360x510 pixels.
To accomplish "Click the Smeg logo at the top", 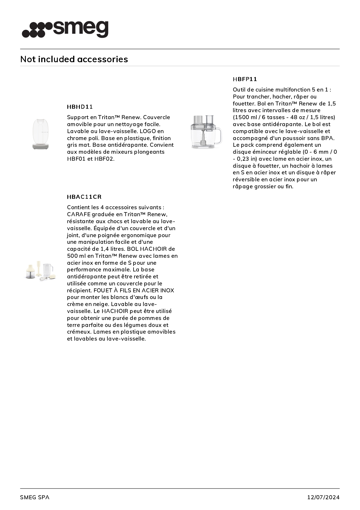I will coord(65,29).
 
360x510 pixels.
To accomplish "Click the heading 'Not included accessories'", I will coord(74,59).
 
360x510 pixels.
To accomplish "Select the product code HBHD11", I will coord(80,107).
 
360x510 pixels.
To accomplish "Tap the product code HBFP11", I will coord(245,79).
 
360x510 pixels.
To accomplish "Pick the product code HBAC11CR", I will coord(84,197).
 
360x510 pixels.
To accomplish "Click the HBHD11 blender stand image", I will coord(41,134).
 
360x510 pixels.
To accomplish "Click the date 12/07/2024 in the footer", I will coord(323,497).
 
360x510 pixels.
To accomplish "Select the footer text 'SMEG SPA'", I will coord(35,497).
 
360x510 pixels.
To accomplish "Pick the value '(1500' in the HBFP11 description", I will coord(240,117).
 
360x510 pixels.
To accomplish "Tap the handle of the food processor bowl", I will coord(218,136).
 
